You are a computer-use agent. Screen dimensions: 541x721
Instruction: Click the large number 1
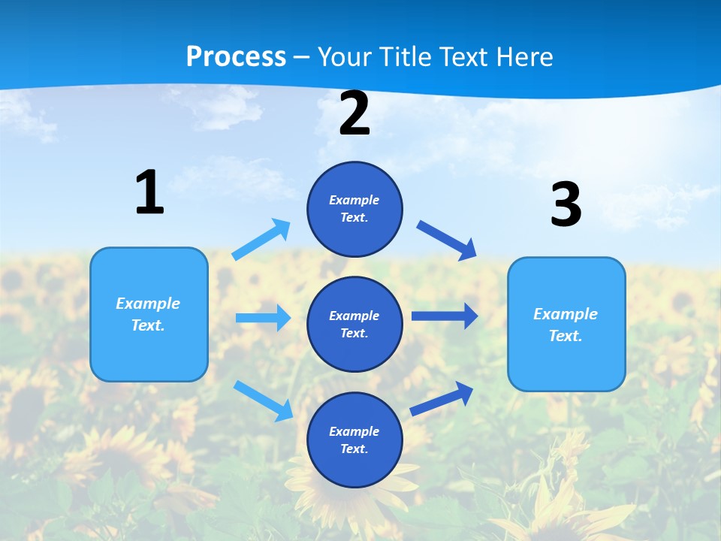click(149, 193)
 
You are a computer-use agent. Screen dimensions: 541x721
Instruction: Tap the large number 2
click(354, 114)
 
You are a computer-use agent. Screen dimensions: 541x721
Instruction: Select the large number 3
click(566, 205)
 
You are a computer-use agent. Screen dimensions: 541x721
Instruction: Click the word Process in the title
click(236, 56)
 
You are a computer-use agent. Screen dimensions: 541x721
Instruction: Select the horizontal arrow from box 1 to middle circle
click(263, 318)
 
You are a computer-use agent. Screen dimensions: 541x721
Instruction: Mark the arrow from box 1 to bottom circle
click(263, 400)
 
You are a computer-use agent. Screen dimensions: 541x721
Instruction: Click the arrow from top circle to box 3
click(446, 240)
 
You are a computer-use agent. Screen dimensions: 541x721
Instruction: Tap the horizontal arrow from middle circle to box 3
click(444, 316)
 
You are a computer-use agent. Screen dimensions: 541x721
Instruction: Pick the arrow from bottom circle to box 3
click(442, 398)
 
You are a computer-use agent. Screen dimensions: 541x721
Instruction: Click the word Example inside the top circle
click(354, 200)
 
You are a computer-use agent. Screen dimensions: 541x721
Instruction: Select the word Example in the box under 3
click(566, 314)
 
